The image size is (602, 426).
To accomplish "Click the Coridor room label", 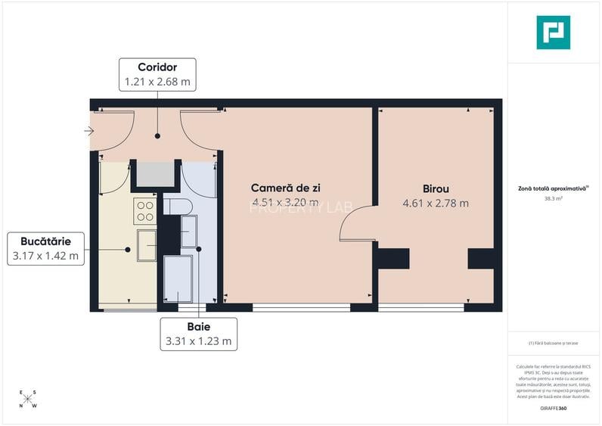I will [157, 67].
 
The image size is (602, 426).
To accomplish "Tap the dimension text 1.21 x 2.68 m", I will [157, 82].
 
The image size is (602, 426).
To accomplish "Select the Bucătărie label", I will [45, 241].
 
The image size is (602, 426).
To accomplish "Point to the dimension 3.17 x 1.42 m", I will [45, 256].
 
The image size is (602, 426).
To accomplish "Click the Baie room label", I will [199, 327].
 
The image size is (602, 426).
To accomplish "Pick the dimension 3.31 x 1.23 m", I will [199, 341].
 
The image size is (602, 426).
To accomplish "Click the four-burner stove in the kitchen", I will [144, 211].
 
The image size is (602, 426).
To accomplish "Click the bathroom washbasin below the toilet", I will [188, 231].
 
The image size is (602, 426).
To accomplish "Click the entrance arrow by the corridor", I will [88, 131].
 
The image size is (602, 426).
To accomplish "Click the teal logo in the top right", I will [553, 33].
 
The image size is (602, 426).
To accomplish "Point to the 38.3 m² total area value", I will [553, 199].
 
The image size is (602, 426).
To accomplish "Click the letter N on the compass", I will [21, 405].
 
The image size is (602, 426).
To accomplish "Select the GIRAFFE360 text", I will [553, 409].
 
